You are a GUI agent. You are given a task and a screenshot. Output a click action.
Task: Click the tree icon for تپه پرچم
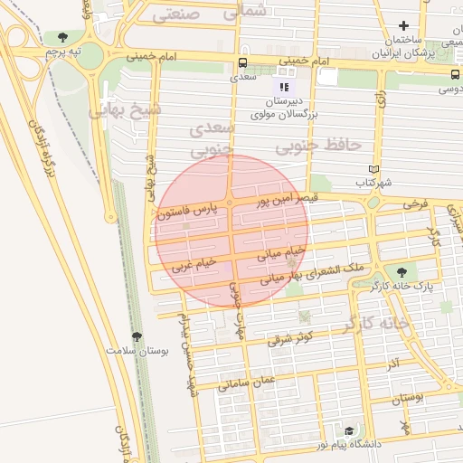61,38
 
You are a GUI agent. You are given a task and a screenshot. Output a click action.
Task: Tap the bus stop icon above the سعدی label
241,63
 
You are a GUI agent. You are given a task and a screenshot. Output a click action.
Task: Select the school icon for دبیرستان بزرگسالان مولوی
285,87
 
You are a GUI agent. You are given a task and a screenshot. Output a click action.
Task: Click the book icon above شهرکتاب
373,169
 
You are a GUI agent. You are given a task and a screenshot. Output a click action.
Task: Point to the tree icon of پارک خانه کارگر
401,270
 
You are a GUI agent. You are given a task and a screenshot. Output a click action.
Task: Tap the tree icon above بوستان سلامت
137,336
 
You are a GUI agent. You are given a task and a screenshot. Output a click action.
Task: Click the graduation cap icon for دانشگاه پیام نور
350,430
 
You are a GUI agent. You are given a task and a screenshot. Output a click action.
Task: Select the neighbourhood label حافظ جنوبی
318,145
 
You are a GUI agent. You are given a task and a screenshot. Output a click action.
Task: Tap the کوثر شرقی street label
289,338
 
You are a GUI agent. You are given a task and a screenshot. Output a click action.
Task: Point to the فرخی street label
414,205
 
